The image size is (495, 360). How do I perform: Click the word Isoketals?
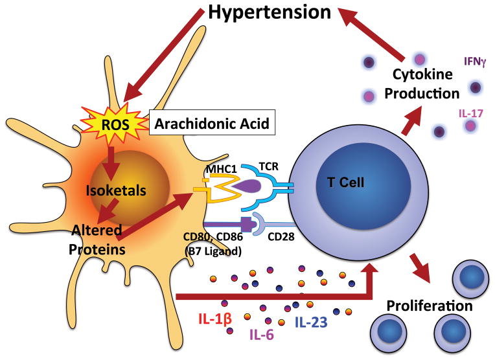point(114,190)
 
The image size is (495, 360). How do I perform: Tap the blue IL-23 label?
point(312,320)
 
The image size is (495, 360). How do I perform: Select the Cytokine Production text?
point(421,84)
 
